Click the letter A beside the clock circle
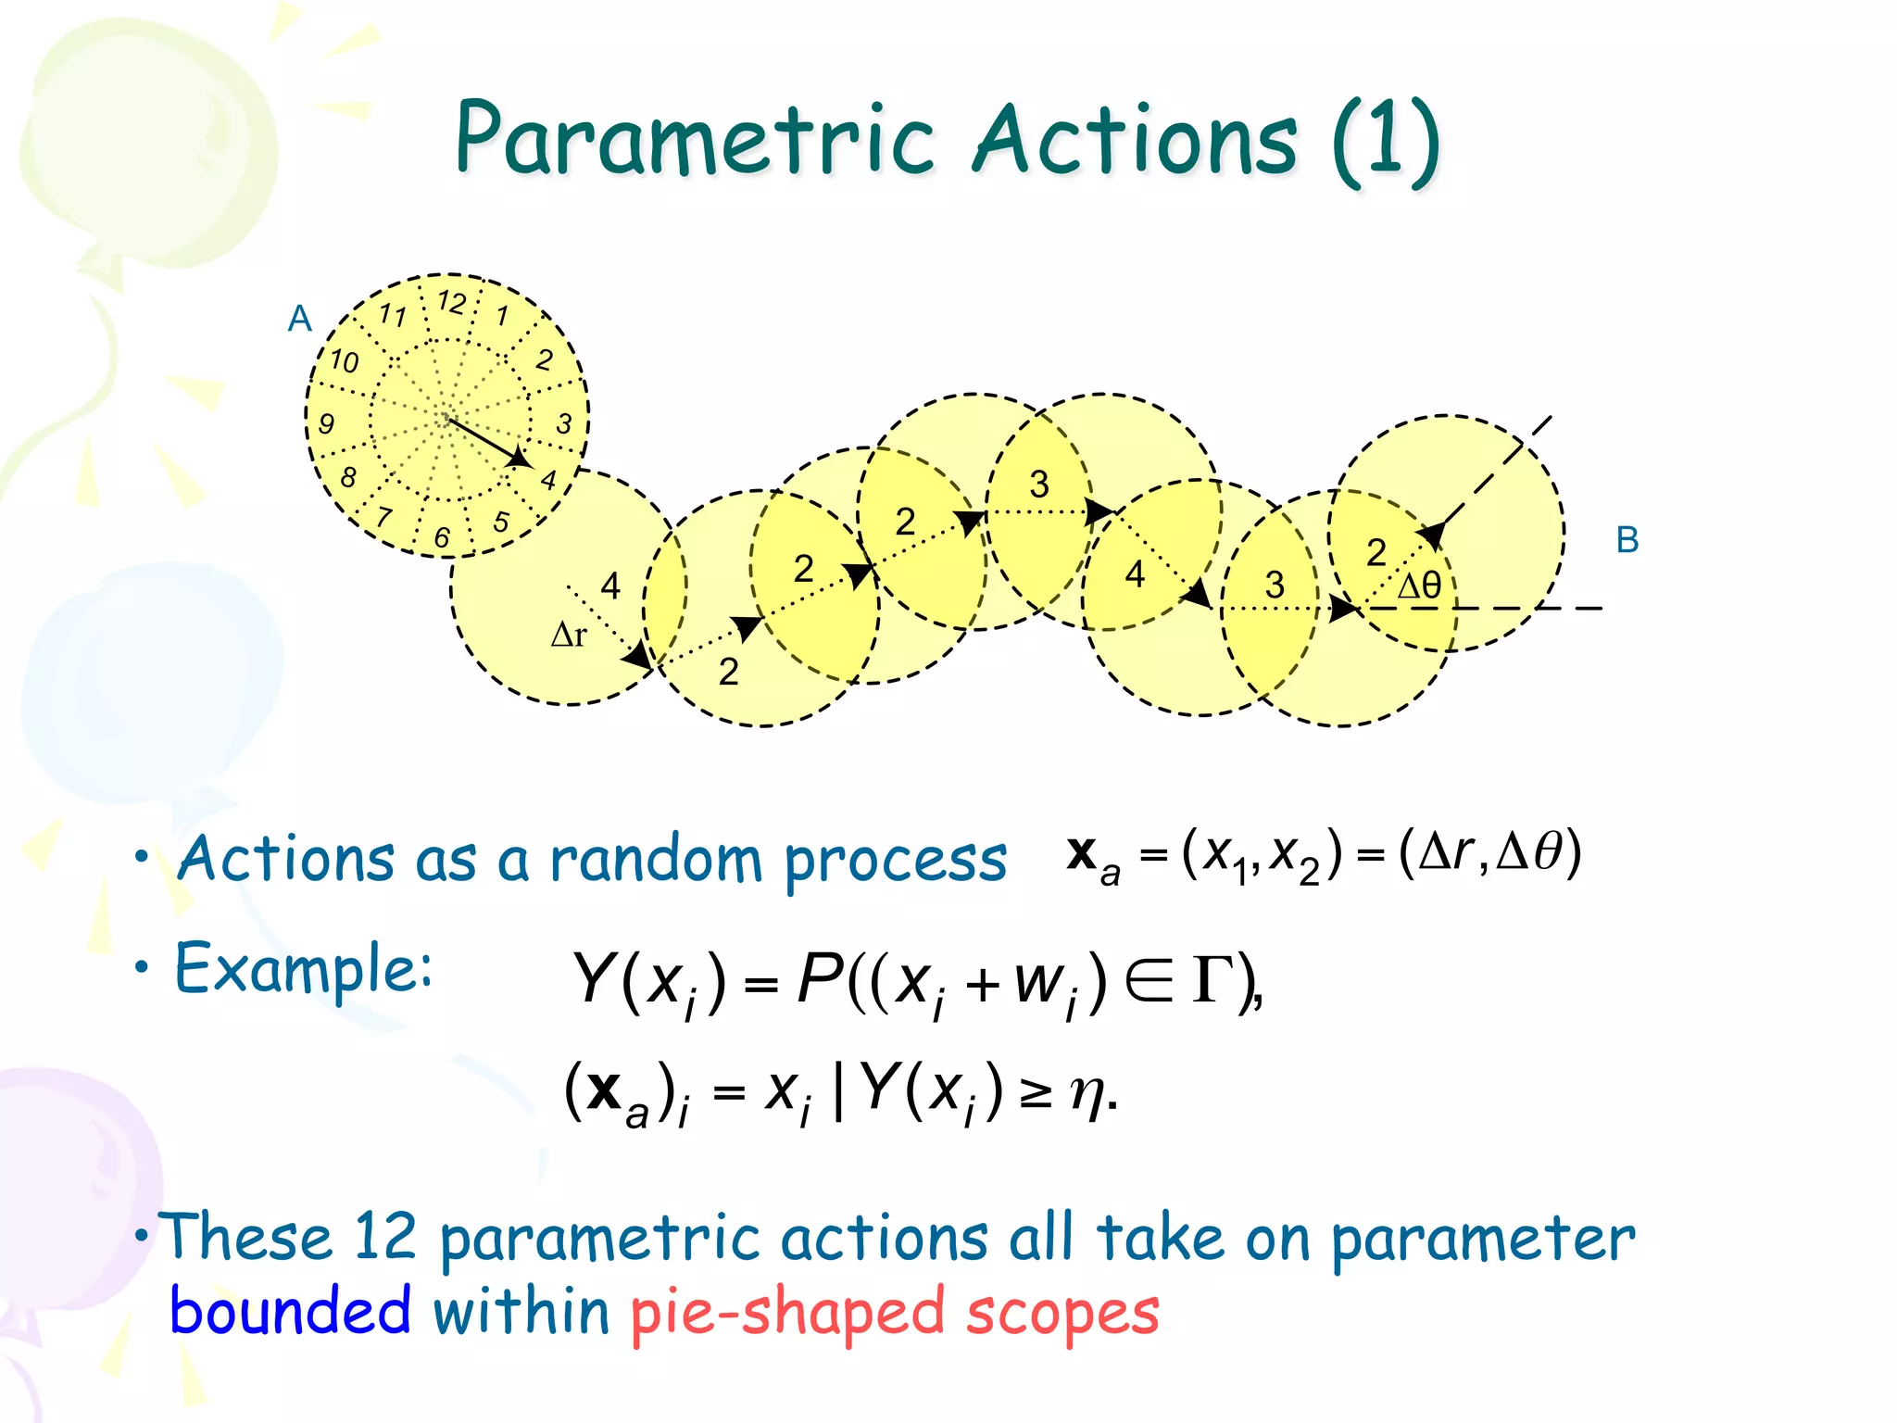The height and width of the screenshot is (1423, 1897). point(299,319)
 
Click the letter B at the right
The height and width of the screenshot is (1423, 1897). point(1627,540)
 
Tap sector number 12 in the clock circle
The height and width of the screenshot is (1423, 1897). point(452,302)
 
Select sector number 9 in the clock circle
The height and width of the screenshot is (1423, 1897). point(326,424)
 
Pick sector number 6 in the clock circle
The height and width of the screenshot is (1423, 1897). point(442,537)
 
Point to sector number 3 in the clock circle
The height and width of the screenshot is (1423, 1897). point(564,424)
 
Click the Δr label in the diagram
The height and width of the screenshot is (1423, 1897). point(569,635)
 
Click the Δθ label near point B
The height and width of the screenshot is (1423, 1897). point(1418,586)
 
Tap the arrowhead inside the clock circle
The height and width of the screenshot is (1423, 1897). point(520,458)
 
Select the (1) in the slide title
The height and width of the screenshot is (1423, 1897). point(1386,141)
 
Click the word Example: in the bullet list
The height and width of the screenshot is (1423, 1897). point(304,969)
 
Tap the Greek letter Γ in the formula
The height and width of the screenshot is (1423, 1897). point(1214,980)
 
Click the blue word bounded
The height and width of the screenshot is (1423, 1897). point(290,1312)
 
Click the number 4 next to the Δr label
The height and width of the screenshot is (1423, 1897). point(610,586)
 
